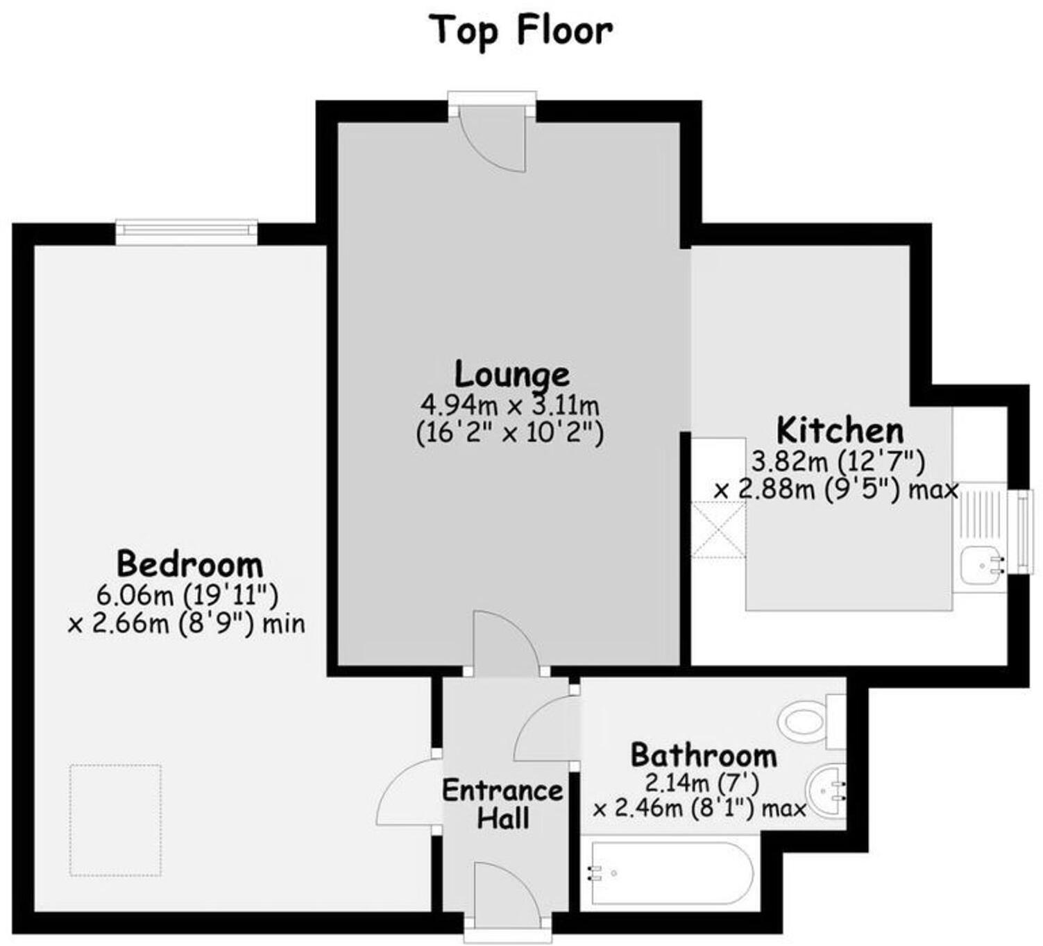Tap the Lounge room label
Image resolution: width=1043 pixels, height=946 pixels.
512,374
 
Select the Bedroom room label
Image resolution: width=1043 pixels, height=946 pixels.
189,564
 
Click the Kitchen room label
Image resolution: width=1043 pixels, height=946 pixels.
840,430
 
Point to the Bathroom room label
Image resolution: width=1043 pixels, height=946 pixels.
703,755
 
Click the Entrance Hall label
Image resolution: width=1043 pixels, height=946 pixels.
502,804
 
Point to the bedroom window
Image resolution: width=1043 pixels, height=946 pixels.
186,231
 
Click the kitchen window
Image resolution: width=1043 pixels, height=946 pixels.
1023,532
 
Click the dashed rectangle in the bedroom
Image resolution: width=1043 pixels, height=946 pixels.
115,820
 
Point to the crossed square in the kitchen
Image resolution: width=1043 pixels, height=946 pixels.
719,529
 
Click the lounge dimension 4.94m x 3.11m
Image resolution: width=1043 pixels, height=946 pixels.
510,404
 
